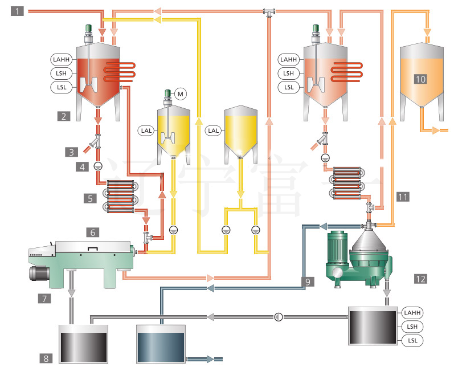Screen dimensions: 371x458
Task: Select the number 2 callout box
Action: coord(64,116)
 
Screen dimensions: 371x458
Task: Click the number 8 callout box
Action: coord(90,198)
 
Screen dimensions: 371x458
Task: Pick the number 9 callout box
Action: coord(92,232)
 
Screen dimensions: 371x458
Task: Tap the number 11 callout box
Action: coord(46,358)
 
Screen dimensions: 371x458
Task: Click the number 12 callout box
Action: coord(307,282)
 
